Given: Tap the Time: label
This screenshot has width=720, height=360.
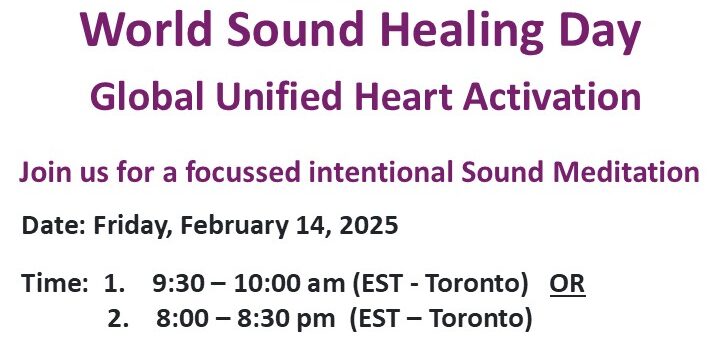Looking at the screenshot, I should coord(54,284).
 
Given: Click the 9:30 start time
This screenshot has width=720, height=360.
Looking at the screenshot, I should coord(175,284).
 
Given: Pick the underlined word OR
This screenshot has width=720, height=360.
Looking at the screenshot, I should coord(567,284).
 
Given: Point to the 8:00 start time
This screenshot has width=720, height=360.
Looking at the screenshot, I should coord(179,320).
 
